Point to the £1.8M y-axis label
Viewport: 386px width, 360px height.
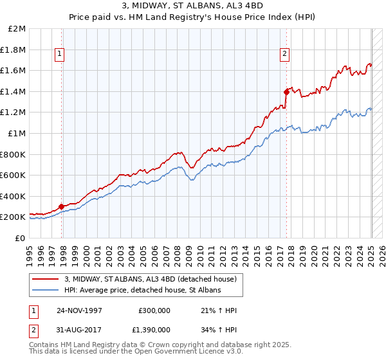(x=14, y=50)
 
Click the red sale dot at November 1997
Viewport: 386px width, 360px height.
(x=62, y=206)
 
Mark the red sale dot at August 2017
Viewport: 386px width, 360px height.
(x=286, y=92)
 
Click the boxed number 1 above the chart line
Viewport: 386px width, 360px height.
(x=59, y=55)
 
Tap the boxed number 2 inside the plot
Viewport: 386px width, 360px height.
(x=284, y=55)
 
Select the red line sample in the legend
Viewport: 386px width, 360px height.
(x=46, y=279)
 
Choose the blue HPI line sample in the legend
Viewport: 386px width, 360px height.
(x=46, y=290)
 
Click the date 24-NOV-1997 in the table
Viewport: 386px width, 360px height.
(x=80, y=310)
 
